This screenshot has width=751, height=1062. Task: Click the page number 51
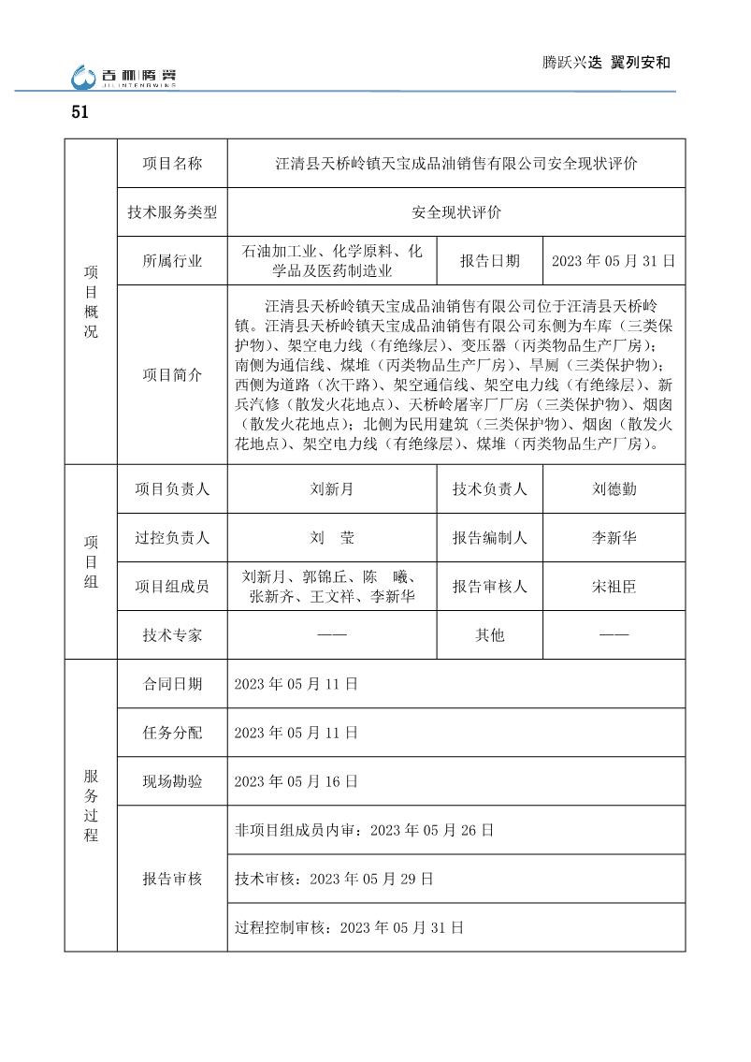pos(79,113)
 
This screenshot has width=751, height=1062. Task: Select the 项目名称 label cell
pos(172,163)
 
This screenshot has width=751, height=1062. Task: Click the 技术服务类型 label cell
pos(172,212)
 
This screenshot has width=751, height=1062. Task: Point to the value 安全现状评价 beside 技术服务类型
pos(456,212)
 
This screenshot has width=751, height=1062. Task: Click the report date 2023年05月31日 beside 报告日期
pos(614,262)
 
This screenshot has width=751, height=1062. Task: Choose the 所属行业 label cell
pos(172,262)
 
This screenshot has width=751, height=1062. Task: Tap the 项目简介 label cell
pos(172,374)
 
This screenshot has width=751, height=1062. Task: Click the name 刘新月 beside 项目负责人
pos(332,488)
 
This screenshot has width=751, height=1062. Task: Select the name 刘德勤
pos(614,488)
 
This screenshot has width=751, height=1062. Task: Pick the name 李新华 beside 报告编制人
pos(614,538)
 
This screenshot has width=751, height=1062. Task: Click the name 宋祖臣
pos(614,587)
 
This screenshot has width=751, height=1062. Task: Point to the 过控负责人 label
pos(172,538)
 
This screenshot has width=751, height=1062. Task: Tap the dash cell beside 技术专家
pos(332,635)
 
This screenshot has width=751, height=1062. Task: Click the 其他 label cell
pos(489,635)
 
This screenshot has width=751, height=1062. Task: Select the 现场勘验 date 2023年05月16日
pos(296,781)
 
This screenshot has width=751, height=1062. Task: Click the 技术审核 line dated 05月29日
pos(334,880)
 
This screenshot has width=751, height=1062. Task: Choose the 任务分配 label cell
pos(172,733)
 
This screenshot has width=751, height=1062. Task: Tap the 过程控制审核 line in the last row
pos(349,928)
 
